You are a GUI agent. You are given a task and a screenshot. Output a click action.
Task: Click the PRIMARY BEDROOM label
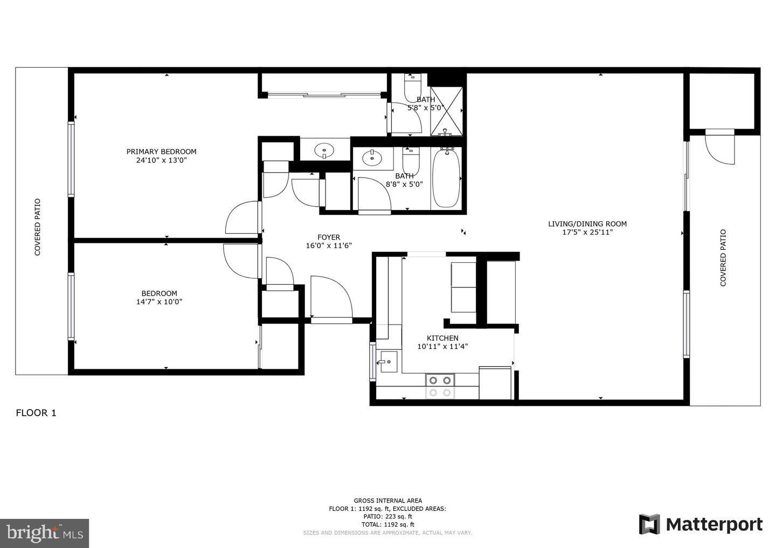(x=161, y=152)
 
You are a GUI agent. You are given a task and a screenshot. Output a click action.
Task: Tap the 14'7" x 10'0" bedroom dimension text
(x=159, y=302)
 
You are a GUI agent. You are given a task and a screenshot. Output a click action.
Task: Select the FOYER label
(x=328, y=237)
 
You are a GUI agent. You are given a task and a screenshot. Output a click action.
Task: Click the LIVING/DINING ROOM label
(x=587, y=224)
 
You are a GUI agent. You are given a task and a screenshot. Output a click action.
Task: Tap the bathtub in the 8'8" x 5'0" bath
(x=446, y=178)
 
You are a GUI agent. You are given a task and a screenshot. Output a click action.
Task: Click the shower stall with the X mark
(x=446, y=111)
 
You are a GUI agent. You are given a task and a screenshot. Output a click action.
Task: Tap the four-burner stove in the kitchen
(x=439, y=386)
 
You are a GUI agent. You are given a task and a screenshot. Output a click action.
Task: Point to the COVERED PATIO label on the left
(x=38, y=227)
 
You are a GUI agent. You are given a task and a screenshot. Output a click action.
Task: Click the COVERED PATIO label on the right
(x=723, y=258)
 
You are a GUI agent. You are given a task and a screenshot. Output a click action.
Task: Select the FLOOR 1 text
(x=36, y=413)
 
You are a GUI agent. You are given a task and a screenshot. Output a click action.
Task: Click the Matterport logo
(x=701, y=524)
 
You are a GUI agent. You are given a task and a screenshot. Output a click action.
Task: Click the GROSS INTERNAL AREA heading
(x=387, y=501)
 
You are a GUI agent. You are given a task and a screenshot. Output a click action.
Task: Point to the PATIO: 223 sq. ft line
(x=387, y=516)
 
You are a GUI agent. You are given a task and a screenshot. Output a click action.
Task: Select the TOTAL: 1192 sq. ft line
(x=387, y=524)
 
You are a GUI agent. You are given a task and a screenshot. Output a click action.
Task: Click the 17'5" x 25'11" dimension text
(x=587, y=233)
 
